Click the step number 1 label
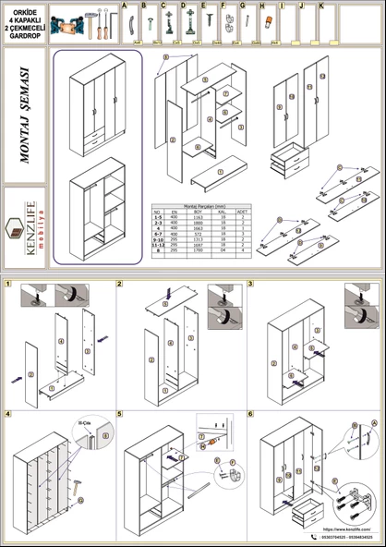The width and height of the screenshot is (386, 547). point(8,284)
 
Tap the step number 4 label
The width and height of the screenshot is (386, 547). point(8,413)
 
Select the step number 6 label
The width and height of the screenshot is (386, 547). point(249,413)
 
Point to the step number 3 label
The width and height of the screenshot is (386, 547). point(249,284)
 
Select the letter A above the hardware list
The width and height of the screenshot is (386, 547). point(125,6)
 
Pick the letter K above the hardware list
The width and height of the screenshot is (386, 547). point(320,6)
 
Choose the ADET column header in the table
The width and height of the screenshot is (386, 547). point(243,212)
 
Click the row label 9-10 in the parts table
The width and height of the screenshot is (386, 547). point(157,237)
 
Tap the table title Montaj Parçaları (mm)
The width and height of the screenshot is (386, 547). point(201,205)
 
